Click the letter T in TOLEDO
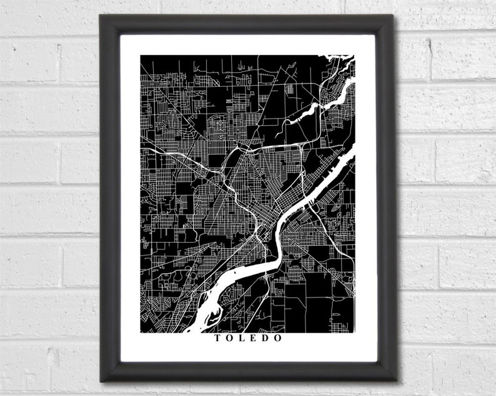(x=217, y=339)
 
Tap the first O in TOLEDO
(x=230, y=339)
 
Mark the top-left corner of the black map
(x=141, y=56)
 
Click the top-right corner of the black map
(x=354, y=56)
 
